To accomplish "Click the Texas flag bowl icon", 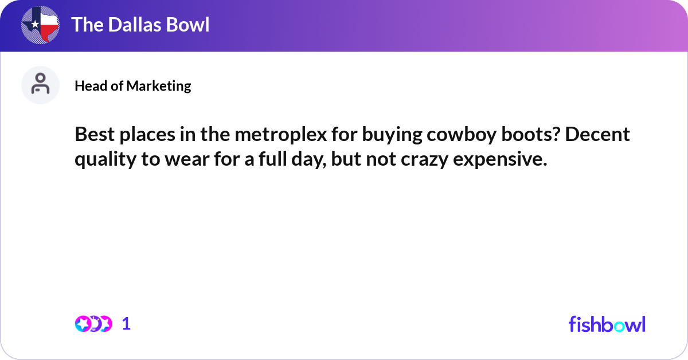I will tap(40, 24).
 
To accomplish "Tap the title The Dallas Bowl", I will tap(140, 25).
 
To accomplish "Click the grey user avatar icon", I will tap(40, 85).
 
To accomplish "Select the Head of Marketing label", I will tap(133, 86).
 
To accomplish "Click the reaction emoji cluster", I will tap(93, 324).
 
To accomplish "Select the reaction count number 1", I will tap(126, 324).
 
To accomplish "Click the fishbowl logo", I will tap(607, 324).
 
